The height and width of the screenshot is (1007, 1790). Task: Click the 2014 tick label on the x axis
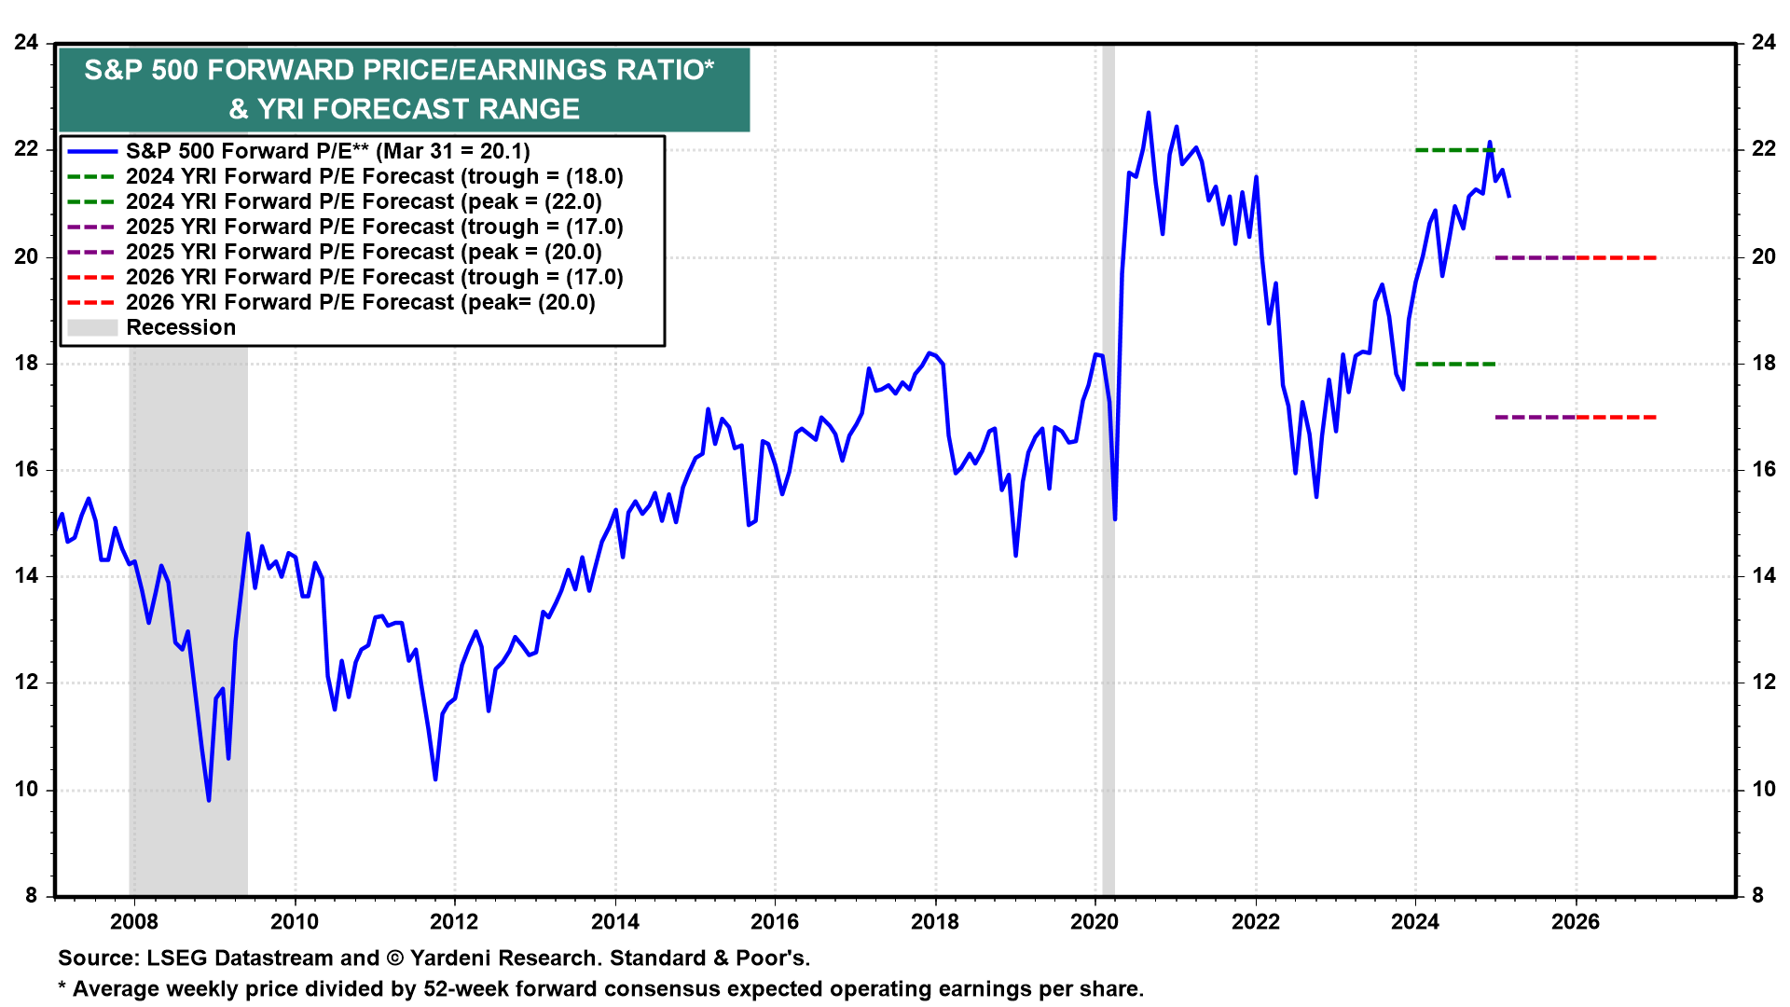(x=615, y=922)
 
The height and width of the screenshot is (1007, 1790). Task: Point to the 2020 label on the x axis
(x=1095, y=922)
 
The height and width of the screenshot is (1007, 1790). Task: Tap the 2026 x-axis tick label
(x=1576, y=922)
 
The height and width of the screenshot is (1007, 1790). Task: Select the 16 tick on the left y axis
(x=26, y=470)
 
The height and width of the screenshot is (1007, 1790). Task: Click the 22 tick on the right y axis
(x=1764, y=149)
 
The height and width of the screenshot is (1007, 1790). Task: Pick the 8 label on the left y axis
(x=32, y=895)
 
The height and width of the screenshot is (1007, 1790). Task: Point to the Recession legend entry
(x=181, y=327)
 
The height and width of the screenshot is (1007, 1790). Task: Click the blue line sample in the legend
(x=92, y=151)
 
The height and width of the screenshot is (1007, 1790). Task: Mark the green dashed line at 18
(x=1454, y=364)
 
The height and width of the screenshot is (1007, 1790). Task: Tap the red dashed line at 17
(x=1617, y=417)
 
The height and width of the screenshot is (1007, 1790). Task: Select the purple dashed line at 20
(x=1535, y=257)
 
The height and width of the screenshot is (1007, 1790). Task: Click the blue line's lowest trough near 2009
(x=209, y=799)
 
